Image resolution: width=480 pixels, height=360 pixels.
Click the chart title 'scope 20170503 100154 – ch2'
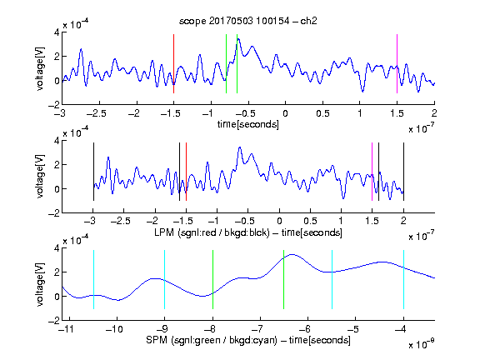tap(248, 21)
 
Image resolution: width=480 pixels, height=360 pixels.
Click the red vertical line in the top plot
tap(173, 63)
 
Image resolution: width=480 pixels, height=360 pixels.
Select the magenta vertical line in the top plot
tap(397, 63)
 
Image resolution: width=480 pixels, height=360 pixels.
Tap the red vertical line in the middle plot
tap(186, 172)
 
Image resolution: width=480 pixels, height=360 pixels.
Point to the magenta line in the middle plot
tap(372, 172)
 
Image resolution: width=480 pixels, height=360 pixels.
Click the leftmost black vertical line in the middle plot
tap(93, 172)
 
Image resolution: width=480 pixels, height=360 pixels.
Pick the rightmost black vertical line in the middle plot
tap(403, 172)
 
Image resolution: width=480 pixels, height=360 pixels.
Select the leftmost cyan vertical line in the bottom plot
tap(93, 279)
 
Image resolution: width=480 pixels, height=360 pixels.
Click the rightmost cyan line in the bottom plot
tap(403, 279)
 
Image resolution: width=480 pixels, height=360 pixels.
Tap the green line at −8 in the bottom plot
tap(212, 279)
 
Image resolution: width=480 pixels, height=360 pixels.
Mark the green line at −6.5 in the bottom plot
tap(284, 279)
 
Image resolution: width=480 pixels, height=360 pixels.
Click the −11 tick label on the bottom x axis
tap(67, 329)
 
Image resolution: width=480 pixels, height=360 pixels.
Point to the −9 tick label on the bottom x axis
tap(162, 329)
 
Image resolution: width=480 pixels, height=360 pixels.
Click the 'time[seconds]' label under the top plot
tap(248, 124)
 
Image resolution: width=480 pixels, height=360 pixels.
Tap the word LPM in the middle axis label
tap(164, 232)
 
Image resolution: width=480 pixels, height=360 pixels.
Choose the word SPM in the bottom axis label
tap(157, 340)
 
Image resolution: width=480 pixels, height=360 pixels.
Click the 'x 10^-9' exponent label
tap(422, 344)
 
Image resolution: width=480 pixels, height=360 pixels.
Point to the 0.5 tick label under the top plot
tap(322, 113)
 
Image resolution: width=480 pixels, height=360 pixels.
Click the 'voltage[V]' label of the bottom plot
tap(40, 284)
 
